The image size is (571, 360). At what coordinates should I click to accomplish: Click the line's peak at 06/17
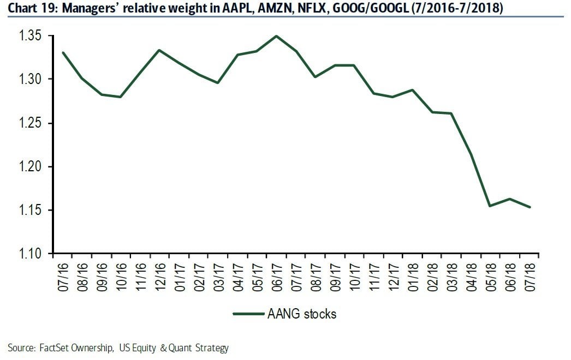276,36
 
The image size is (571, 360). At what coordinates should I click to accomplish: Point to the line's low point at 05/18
490,206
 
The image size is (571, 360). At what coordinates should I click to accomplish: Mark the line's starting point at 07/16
63,53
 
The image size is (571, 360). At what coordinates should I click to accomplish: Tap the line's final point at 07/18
529,207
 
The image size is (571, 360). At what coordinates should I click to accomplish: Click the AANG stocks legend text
301,314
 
